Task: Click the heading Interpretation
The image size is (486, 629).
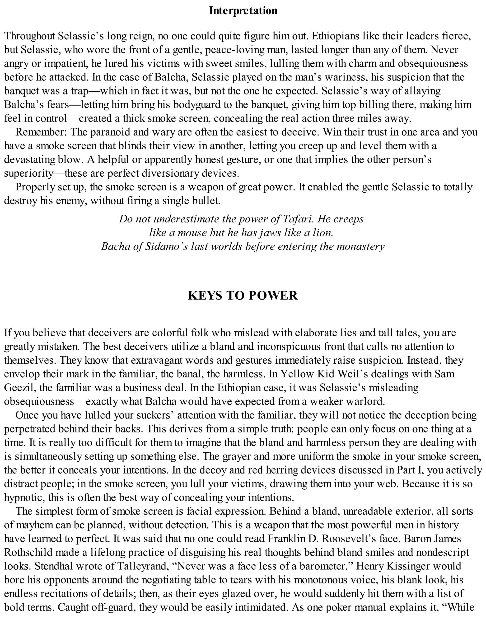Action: tap(243, 11)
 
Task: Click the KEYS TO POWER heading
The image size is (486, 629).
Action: tap(243, 296)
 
